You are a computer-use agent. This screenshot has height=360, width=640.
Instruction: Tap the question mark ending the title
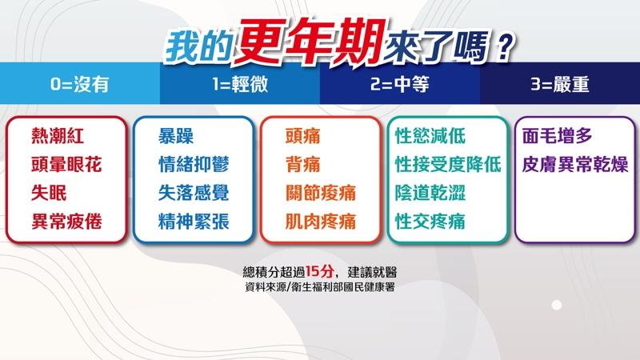pyautogui.click(x=505, y=46)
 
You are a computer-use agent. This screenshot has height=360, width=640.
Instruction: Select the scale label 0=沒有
pyautogui.click(x=79, y=85)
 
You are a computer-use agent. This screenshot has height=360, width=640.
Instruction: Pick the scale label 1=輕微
pyautogui.click(x=240, y=85)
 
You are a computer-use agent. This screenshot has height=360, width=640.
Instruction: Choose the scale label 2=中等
pyautogui.click(x=399, y=85)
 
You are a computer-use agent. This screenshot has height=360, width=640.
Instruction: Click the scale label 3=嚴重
pyautogui.click(x=559, y=85)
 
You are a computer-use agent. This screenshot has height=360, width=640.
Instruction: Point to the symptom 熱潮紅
pyautogui.click(x=58, y=136)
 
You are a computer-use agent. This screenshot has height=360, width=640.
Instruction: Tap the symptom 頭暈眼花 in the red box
pyautogui.click(x=66, y=165)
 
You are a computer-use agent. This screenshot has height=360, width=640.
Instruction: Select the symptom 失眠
pyautogui.click(x=49, y=193)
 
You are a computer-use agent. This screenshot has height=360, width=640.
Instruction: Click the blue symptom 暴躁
pyautogui.click(x=176, y=136)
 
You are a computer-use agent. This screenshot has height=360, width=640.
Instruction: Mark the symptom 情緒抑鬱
pyautogui.click(x=194, y=165)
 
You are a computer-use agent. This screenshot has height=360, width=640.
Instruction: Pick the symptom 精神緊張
pyautogui.click(x=194, y=222)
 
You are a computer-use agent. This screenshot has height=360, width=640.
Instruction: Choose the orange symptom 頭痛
pyautogui.click(x=303, y=136)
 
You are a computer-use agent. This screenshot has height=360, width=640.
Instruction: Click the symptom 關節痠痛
pyautogui.click(x=321, y=193)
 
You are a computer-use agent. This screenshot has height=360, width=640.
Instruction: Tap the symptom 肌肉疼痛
pyautogui.click(x=321, y=222)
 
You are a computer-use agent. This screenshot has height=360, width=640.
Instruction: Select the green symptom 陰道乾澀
pyautogui.click(x=430, y=193)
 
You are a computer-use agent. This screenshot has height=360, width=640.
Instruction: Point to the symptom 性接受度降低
pyautogui.click(x=448, y=165)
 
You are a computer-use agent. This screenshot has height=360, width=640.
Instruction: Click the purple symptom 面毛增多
pyautogui.click(x=557, y=136)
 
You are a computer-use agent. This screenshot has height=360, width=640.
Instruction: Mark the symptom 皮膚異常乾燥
pyautogui.click(x=575, y=165)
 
